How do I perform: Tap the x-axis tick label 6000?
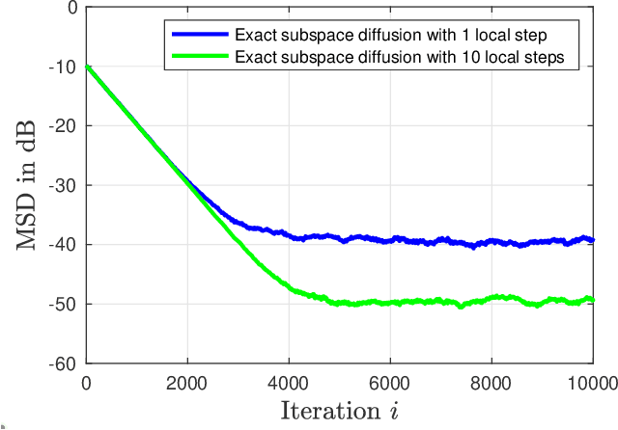point(390,382)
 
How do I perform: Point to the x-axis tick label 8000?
point(492,382)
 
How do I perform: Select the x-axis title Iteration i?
point(339,412)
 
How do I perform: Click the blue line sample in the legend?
point(200,35)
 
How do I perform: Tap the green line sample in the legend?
point(200,56)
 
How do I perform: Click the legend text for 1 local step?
point(391,35)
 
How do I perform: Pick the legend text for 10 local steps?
point(406,56)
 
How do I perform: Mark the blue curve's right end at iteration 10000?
point(592,240)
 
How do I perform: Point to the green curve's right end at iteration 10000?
point(592,300)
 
